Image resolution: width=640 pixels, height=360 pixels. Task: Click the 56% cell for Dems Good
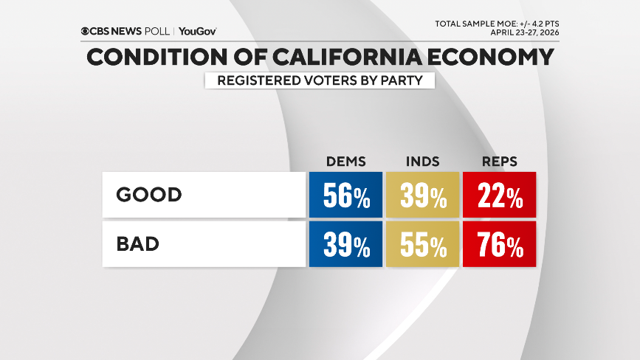(x=345, y=195)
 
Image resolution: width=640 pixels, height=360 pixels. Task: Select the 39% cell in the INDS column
(x=423, y=195)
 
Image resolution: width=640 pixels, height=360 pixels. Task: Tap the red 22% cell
(x=499, y=195)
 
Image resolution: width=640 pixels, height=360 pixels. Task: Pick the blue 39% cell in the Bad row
(x=345, y=245)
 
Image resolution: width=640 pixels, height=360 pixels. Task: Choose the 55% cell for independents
(x=423, y=245)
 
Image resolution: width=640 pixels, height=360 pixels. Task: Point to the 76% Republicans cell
(x=499, y=245)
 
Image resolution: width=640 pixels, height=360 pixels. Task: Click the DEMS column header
(x=345, y=162)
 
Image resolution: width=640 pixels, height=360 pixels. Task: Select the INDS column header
(x=423, y=162)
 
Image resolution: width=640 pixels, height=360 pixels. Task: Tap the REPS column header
(x=499, y=162)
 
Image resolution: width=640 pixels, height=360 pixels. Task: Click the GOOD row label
(x=148, y=195)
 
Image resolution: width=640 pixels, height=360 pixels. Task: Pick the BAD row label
(x=138, y=244)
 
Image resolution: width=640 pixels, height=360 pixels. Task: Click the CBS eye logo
(x=86, y=32)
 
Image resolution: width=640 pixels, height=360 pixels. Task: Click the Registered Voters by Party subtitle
(x=319, y=80)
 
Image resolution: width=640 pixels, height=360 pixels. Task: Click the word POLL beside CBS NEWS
(x=156, y=32)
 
